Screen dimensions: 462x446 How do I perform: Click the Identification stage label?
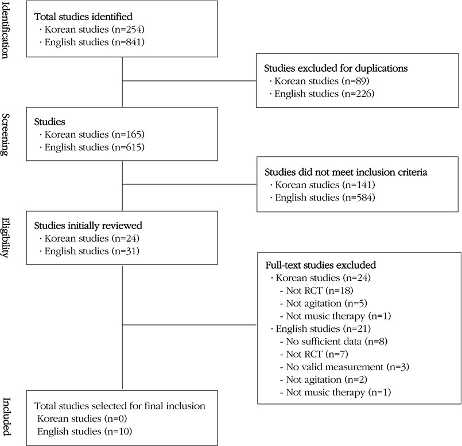coord(6,30)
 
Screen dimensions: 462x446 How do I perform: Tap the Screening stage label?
coord(6,134)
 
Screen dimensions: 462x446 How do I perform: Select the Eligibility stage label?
coord(6,238)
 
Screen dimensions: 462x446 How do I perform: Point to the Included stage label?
coord(6,417)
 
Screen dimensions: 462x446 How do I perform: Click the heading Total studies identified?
coord(83,17)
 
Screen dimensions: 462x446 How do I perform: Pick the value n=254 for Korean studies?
coord(128,29)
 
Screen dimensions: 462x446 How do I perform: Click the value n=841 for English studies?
coord(128,42)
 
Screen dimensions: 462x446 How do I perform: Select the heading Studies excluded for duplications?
coord(336,68)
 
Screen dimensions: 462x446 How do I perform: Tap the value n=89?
coord(356,81)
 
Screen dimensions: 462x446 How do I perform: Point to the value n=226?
coord(358,94)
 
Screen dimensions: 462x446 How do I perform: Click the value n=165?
coord(128,134)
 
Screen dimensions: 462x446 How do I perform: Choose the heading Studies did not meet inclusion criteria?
coord(346,172)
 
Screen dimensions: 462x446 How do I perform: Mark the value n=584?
coord(359,197)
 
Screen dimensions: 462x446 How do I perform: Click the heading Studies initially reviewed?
coord(88,226)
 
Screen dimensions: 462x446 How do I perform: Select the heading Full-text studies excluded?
coord(321,265)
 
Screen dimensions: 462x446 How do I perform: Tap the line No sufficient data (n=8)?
coord(337,342)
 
